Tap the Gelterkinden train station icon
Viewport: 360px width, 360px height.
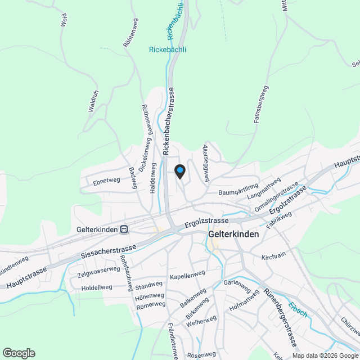[x=124, y=229]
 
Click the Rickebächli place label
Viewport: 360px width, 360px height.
[x=167, y=49]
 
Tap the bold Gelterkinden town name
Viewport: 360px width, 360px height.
[x=233, y=234]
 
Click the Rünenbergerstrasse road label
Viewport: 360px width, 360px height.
[x=280, y=318]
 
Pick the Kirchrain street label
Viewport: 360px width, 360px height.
[x=274, y=257]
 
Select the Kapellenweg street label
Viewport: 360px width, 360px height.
[x=187, y=274]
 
